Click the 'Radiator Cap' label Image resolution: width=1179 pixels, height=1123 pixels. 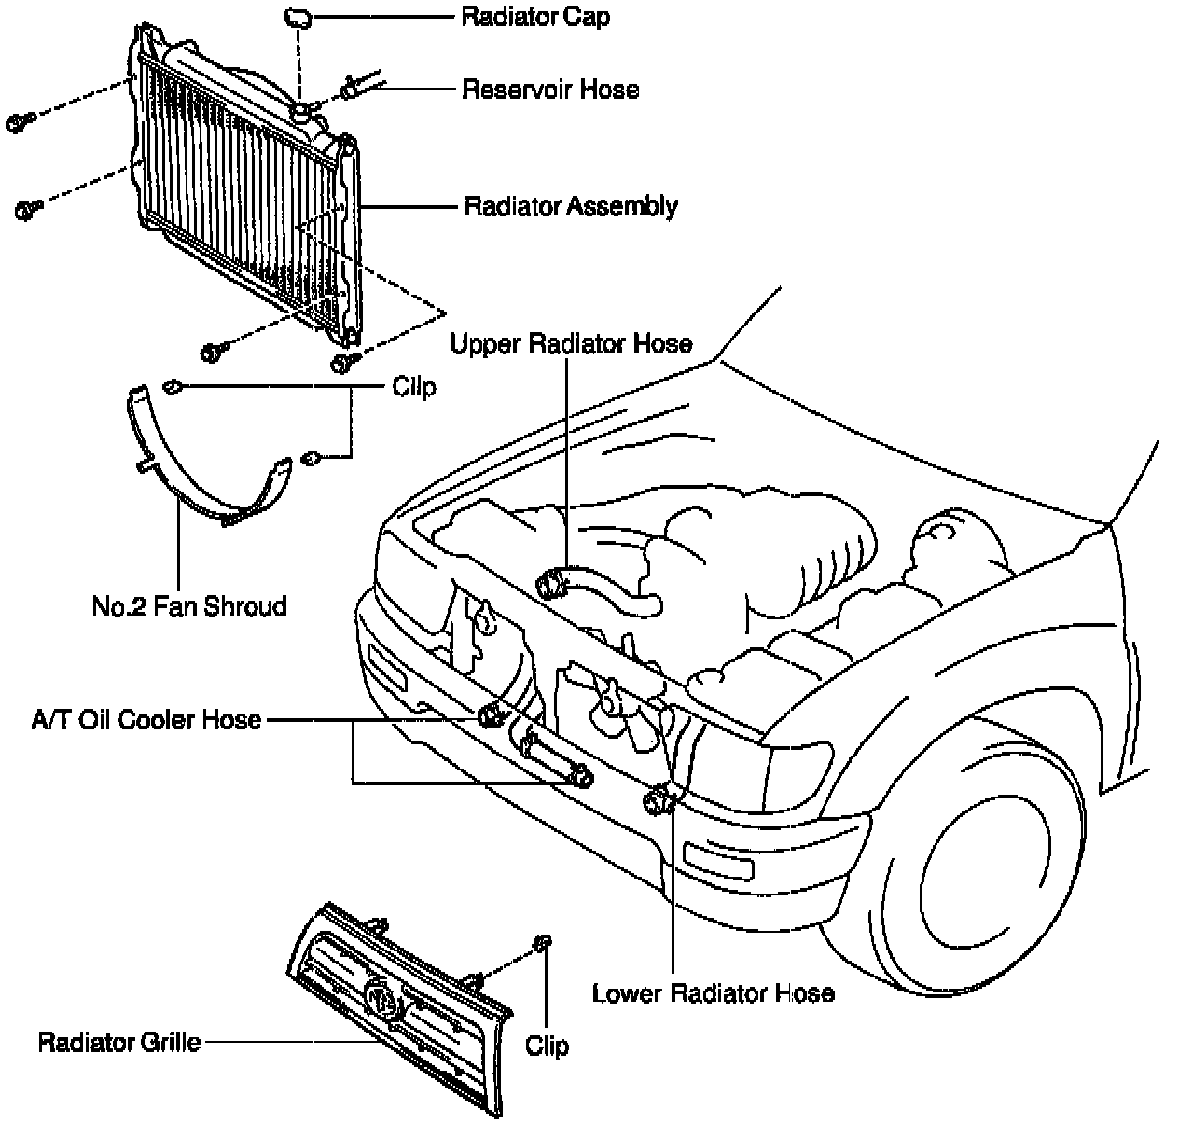[535, 17]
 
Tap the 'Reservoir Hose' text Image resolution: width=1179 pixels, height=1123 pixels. [550, 90]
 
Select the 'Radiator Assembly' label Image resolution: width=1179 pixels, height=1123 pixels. [571, 205]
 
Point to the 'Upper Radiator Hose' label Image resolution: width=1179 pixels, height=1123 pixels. [571, 343]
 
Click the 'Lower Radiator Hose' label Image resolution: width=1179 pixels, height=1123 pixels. [713, 992]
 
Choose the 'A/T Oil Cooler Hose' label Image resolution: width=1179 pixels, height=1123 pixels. [146, 719]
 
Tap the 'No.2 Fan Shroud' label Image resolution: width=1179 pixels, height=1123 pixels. [189, 606]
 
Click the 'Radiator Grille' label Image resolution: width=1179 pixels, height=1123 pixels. [119, 1041]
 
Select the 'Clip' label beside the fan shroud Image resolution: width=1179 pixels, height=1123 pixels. [414, 386]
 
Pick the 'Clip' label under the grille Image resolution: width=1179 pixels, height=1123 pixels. [547, 1045]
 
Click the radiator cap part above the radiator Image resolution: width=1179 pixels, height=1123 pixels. [298, 16]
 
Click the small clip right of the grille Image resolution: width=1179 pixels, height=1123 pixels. [540, 944]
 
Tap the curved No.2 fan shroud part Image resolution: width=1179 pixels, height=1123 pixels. [201, 485]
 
